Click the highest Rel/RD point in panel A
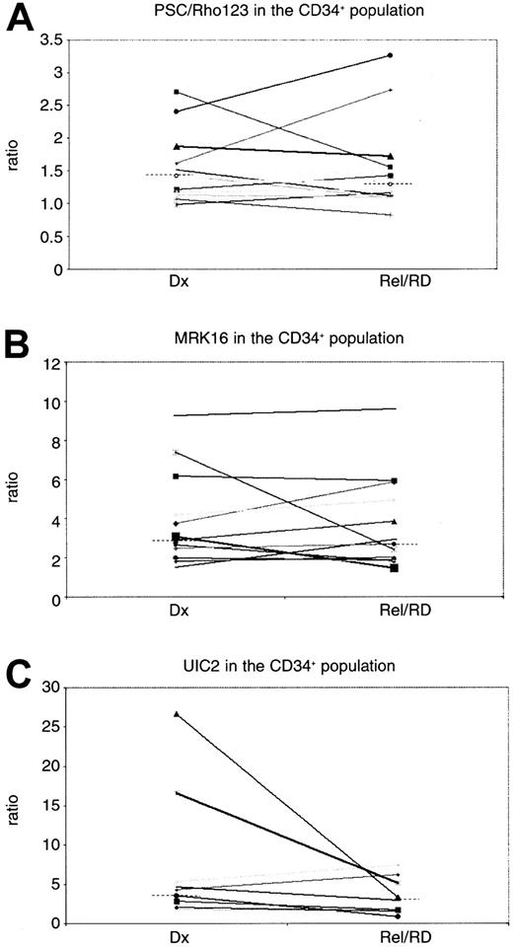pos(392,55)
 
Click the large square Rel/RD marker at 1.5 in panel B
pos(392,568)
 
